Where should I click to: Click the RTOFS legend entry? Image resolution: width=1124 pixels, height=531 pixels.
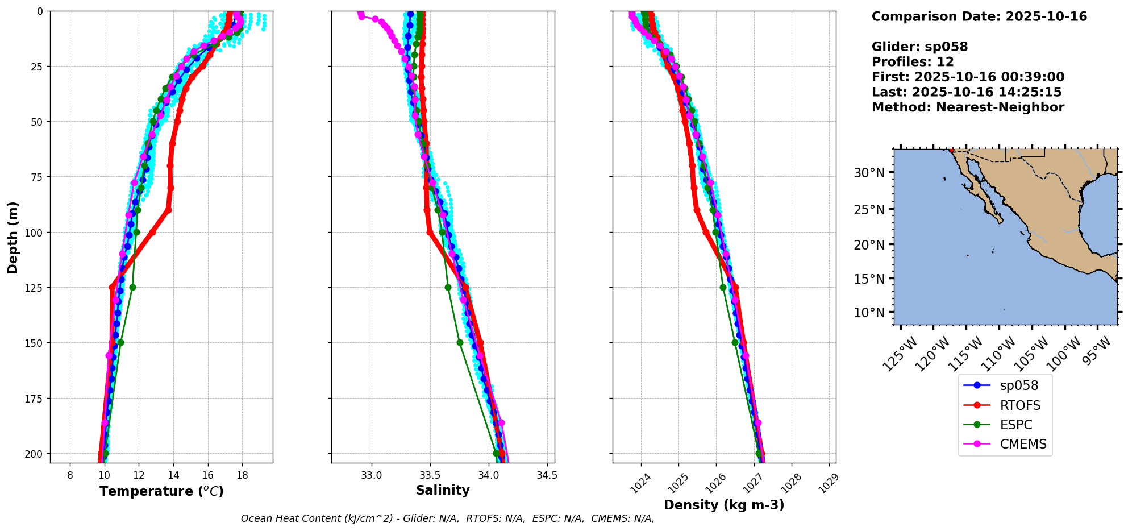click(x=1020, y=405)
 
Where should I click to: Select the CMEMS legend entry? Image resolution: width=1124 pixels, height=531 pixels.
click(x=1023, y=444)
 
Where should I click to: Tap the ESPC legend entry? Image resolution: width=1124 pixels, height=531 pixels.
click(x=1015, y=425)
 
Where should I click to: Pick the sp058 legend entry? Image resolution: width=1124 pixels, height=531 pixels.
click(x=1019, y=385)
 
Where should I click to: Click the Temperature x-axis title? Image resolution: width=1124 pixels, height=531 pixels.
click(x=161, y=491)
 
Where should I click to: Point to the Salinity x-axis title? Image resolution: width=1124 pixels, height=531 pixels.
click(x=443, y=490)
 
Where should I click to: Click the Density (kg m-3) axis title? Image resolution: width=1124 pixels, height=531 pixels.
click(x=724, y=505)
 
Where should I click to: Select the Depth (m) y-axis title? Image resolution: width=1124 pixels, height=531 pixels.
click(x=13, y=237)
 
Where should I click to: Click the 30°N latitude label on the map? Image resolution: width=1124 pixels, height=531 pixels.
click(x=869, y=173)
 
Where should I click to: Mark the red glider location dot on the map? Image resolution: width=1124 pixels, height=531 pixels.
click(x=951, y=150)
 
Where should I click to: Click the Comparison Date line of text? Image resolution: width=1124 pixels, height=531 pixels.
click(x=979, y=16)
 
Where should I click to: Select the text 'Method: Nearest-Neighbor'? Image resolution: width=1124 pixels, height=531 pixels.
click(x=968, y=107)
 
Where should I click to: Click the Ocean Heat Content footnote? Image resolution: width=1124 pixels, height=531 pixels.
click(x=447, y=518)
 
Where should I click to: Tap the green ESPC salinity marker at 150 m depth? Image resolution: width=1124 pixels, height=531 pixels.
click(x=460, y=342)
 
